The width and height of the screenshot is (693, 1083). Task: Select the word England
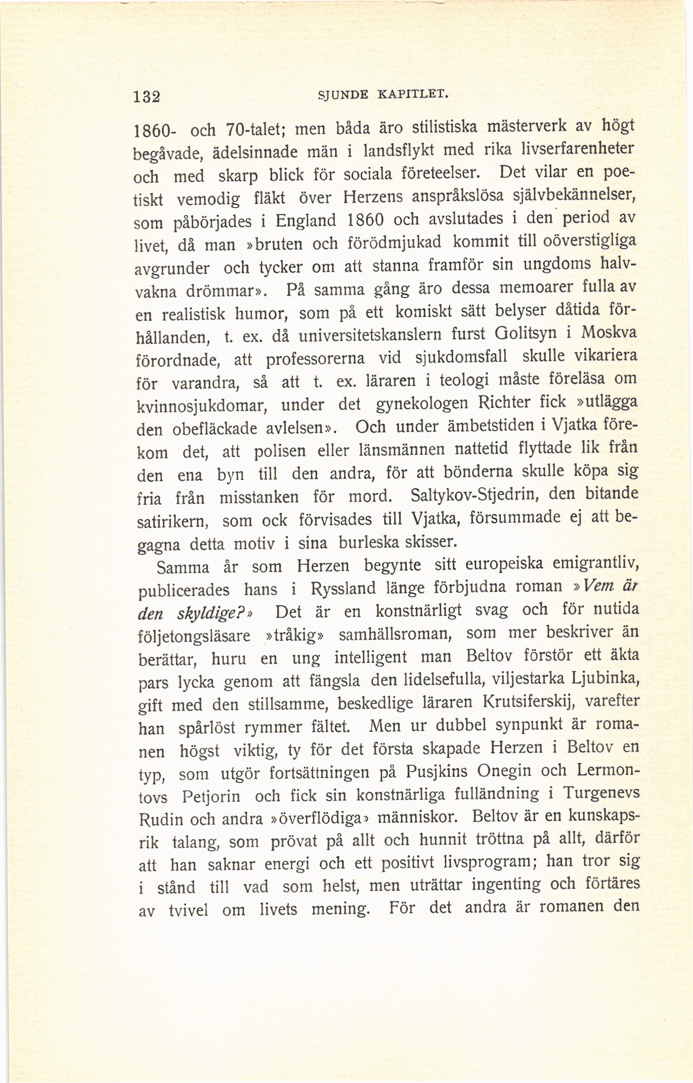(x=306, y=221)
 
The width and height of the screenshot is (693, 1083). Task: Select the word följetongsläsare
(x=193, y=637)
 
